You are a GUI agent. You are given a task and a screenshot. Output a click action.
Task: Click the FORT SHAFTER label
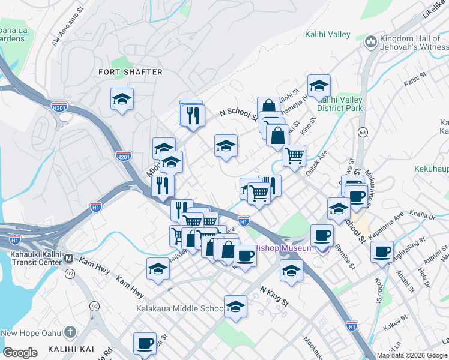click(130, 72)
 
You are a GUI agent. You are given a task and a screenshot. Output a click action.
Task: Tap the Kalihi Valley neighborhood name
click(327, 35)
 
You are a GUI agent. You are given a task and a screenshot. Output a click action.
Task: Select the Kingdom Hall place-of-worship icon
click(370, 41)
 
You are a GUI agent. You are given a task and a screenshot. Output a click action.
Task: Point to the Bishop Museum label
click(282, 248)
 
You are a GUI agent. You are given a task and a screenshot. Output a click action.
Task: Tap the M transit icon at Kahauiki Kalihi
click(68, 259)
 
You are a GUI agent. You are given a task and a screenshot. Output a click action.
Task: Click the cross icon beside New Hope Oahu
click(70, 332)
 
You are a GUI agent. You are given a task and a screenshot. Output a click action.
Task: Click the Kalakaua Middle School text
click(185, 309)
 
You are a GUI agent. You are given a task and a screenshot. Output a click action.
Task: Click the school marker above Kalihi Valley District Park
click(319, 85)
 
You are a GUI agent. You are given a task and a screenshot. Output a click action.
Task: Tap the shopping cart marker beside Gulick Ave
click(294, 156)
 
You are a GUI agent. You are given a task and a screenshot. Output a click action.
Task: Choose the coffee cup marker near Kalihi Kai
click(145, 344)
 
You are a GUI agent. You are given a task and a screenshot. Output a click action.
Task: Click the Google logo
click(20, 353)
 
